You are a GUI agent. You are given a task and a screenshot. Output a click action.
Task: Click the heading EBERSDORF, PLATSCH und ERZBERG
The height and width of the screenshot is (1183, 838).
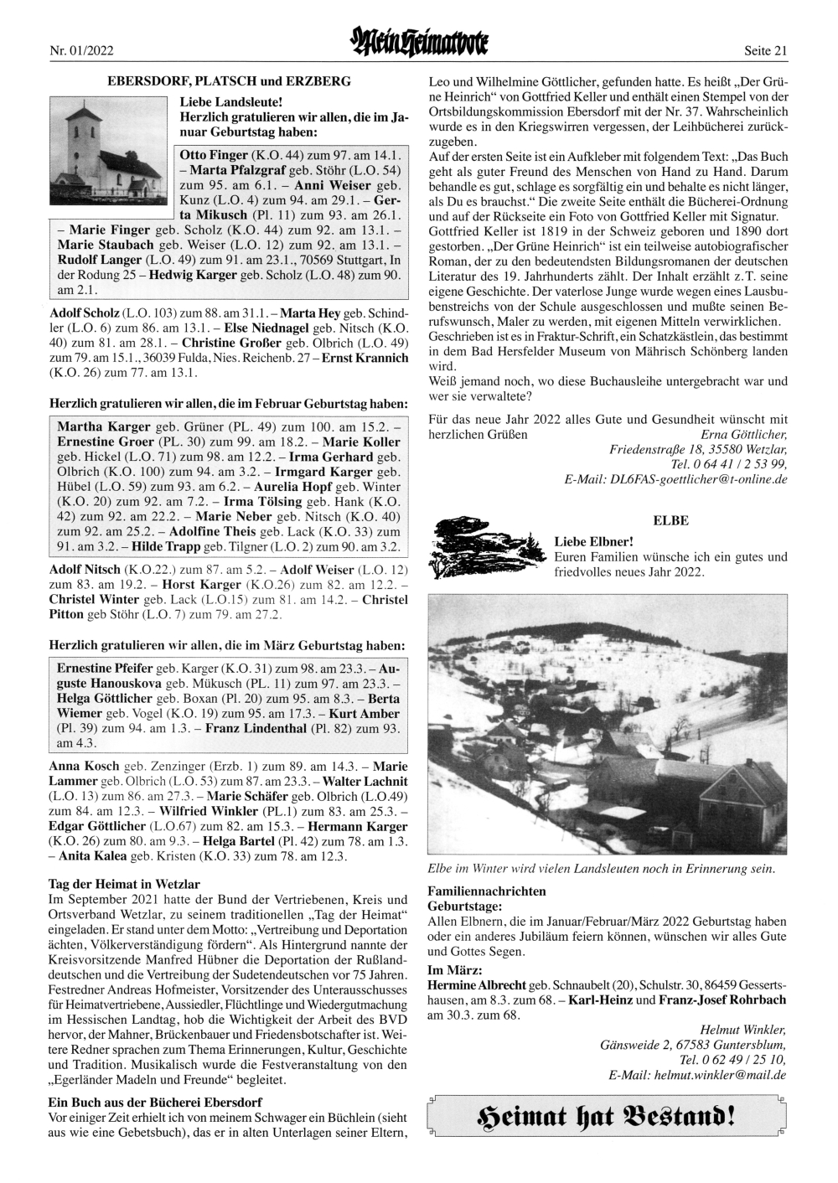coord(229,81)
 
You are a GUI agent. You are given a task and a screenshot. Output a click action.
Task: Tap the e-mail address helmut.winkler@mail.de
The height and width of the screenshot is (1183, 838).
coord(697,1075)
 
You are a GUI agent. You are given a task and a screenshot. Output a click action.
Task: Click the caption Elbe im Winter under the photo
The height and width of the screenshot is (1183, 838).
coord(601,869)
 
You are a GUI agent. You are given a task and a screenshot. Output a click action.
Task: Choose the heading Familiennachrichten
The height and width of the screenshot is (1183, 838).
coord(487,891)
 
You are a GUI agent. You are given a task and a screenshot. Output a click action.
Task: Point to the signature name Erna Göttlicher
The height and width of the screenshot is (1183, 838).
coord(743,435)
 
